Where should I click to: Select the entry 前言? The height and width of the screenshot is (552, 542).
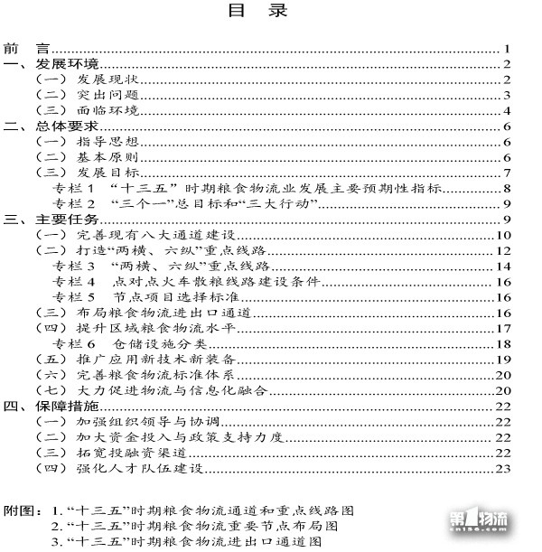[x=24, y=49]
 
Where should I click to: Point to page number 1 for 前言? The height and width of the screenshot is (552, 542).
[x=509, y=49]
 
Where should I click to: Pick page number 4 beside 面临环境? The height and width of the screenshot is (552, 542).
[x=509, y=111]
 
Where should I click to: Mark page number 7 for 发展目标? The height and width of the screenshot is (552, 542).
[x=509, y=173]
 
